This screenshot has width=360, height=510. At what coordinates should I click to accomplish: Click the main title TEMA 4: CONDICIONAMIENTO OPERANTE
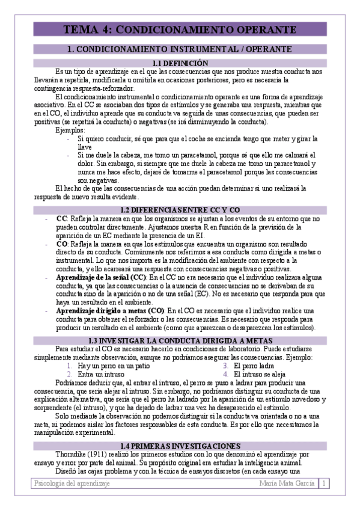pos(179,29)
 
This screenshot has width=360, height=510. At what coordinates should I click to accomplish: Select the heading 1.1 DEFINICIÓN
pos(180,63)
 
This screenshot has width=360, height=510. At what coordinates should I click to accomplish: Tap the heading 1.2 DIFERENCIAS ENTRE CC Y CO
pos(180,209)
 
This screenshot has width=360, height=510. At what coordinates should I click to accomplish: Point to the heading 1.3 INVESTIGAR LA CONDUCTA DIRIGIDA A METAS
pos(180,340)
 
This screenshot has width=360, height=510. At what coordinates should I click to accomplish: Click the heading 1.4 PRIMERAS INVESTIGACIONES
pos(180,446)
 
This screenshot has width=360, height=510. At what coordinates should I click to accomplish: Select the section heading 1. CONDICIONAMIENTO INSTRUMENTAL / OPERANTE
pos(180,49)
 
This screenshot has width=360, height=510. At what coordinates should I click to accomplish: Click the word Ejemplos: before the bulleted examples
pos(70,130)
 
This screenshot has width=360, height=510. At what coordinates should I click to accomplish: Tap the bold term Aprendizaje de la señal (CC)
pos(101,278)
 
